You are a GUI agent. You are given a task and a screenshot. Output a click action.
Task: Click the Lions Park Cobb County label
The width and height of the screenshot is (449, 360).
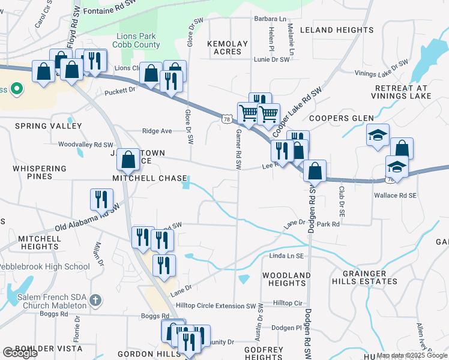[139, 41]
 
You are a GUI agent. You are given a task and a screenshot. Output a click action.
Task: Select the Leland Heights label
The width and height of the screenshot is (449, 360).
[336, 30]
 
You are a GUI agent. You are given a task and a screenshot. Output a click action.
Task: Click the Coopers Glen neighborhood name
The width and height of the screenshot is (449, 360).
[342, 118]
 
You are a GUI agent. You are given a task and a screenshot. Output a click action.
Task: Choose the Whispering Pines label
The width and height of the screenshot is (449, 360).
[38, 173]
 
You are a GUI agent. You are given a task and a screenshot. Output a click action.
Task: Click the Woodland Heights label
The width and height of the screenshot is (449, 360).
[286, 279]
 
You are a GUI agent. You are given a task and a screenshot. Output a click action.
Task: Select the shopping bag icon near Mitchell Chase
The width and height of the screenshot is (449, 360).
[128, 160]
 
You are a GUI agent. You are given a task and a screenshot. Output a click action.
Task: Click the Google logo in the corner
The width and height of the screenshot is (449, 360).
[20, 353]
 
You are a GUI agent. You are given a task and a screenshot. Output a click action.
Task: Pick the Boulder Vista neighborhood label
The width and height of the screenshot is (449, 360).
[40, 349]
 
